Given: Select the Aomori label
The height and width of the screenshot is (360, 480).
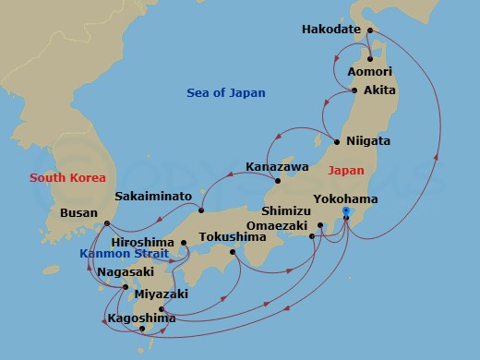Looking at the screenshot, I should coord(370,71).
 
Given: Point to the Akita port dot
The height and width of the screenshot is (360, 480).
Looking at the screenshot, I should coord(355,90).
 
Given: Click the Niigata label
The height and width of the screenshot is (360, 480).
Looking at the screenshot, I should coord(367,141).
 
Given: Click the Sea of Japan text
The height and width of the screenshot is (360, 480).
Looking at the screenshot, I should coord(225,92).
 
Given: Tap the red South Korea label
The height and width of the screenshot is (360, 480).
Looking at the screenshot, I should coord(67,177).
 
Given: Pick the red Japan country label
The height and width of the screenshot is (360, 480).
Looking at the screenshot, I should coord(346,171).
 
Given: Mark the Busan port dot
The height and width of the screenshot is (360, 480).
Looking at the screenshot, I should coord(107,222).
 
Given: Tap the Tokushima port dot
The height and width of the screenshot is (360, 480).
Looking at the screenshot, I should coord(232,252).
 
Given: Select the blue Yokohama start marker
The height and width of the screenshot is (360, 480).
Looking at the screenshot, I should coord(345,212).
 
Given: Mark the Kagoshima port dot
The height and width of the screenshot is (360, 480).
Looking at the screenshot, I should coord(141,329).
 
